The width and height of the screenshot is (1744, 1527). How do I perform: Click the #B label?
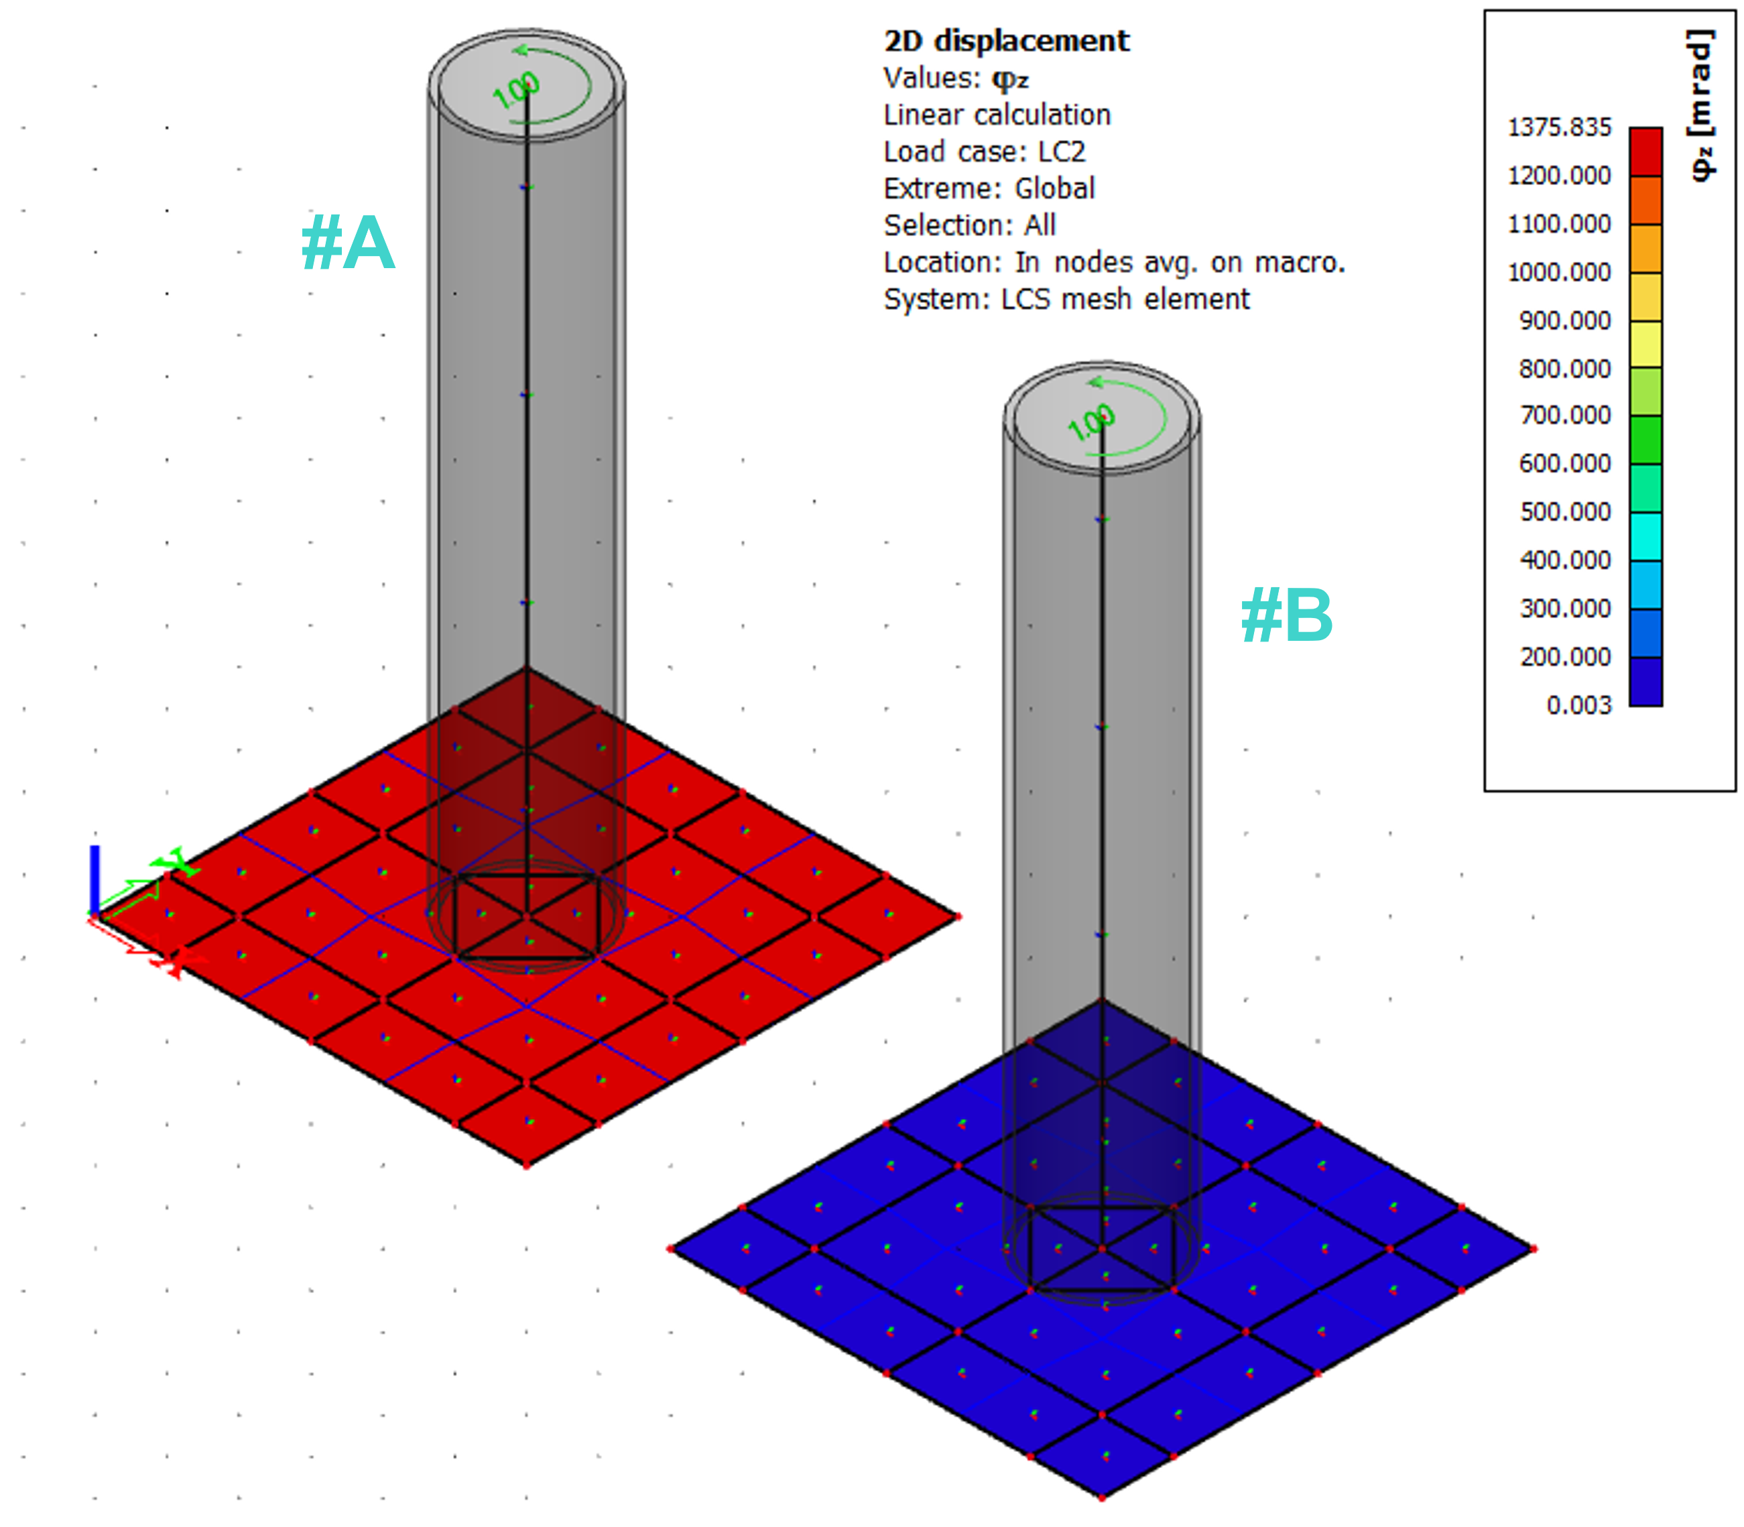point(1286,615)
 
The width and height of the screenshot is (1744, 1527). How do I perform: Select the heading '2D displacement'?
point(1006,41)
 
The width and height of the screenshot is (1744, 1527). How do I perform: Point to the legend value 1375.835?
point(1559,128)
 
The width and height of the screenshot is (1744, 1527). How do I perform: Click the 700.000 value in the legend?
point(1565,416)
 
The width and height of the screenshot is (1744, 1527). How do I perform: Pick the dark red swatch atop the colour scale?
point(1645,151)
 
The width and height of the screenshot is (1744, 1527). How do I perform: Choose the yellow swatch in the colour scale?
point(1645,345)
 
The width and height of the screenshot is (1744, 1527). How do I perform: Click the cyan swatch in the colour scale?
point(1645,536)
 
